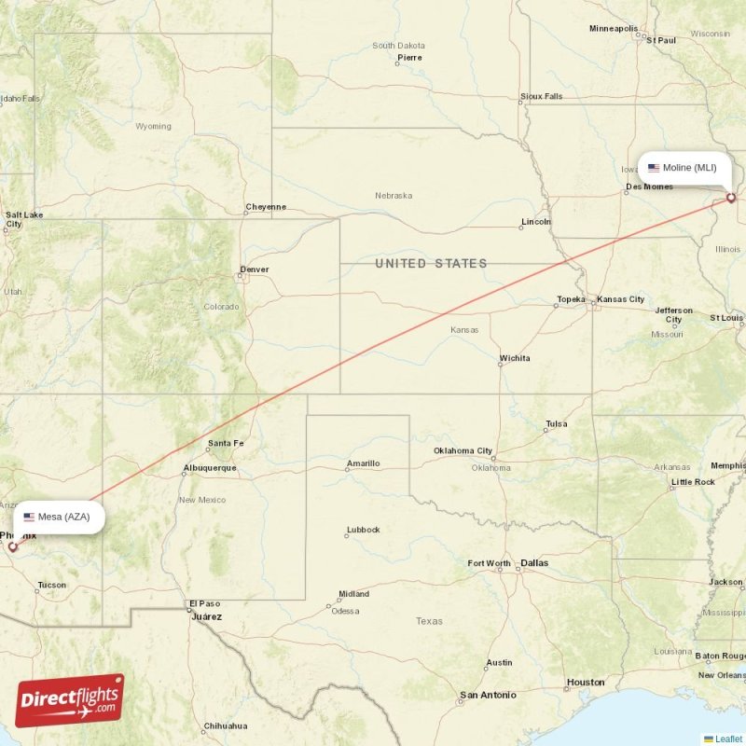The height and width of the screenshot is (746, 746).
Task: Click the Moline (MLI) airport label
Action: [x=684, y=168]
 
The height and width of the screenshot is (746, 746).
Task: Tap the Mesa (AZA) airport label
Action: [x=57, y=517]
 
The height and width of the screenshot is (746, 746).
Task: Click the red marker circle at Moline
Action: [x=731, y=198]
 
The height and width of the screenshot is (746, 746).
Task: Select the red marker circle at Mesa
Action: [x=13, y=546]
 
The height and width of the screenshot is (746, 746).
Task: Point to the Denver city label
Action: [x=254, y=269]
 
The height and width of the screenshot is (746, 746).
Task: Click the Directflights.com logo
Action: [x=70, y=700]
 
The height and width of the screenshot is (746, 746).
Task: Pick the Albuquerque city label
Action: [x=210, y=467]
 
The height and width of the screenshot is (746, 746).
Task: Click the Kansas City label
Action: [x=621, y=299]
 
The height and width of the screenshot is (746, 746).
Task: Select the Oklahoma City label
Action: [x=463, y=450]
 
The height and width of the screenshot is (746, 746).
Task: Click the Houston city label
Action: [x=586, y=682]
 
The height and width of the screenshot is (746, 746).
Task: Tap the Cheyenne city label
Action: [x=266, y=206]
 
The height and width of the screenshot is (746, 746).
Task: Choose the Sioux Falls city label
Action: [x=542, y=96]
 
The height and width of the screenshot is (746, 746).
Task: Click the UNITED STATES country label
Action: [x=431, y=264]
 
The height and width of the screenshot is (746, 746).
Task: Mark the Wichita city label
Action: [x=515, y=358]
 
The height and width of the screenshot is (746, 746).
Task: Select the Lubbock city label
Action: [x=363, y=530]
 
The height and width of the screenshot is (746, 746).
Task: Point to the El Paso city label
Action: [x=203, y=603]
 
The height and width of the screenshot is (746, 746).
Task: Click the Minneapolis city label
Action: [x=614, y=29]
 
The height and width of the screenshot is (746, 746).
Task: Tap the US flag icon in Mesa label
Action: [x=30, y=517]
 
